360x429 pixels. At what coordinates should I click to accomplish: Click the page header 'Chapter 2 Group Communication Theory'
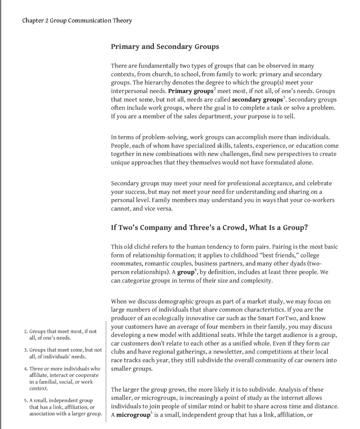77,20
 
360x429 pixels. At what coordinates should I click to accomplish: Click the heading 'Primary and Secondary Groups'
165,47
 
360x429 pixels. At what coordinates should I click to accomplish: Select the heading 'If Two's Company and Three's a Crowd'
209,227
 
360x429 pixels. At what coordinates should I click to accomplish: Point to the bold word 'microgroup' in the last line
134,415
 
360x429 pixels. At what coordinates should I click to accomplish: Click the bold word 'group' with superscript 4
185,272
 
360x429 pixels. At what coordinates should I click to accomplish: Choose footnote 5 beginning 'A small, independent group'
63,407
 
